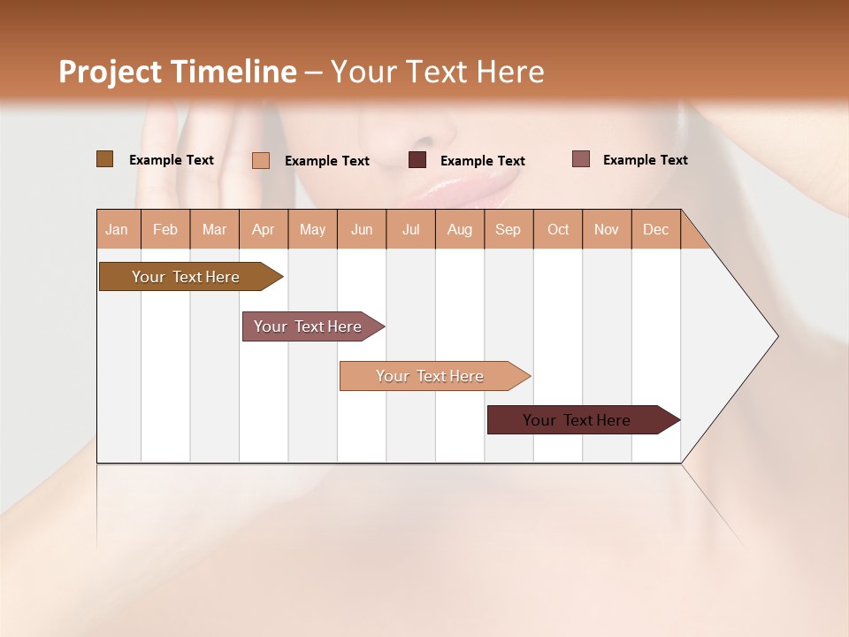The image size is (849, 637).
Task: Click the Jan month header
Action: [118, 229]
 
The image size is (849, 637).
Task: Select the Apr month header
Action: [264, 229]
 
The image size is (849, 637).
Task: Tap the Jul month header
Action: [410, 229]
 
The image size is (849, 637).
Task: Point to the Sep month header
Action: [508, 229]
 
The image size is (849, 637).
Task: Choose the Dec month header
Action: [655, 229]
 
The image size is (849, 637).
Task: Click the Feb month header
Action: [165, 229]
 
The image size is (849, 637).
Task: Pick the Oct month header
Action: [558, 229]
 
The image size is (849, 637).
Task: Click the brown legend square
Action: [104, 159]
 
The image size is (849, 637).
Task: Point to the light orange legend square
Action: [261, 160]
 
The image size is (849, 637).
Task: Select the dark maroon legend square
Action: [417, 160]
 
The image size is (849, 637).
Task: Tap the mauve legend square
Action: [580, 159]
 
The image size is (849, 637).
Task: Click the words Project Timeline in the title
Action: [177, 72]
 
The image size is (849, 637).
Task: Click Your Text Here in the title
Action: [437, 72]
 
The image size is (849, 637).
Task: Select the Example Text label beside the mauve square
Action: [645, 160]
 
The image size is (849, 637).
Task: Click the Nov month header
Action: [607, 229]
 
